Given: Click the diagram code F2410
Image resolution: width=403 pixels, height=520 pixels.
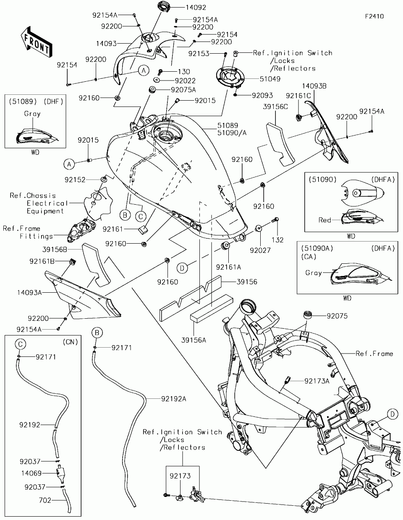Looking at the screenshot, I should coord(374,16).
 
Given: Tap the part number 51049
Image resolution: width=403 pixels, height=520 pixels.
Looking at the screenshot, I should coord(271,78).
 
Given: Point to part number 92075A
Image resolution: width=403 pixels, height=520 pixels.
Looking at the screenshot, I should coord(183,89).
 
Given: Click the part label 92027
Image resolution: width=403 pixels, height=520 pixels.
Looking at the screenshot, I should coord(260,250).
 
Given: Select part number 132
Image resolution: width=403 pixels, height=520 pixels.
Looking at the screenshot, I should coord(277,240).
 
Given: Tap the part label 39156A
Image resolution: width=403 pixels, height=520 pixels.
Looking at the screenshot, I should coord(193,340).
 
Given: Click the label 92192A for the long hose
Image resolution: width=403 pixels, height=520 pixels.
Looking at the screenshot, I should coord(173,399).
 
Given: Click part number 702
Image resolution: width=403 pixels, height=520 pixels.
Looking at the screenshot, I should coord(45,500).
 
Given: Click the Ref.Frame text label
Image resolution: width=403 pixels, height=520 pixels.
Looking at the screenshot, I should coord(374,354).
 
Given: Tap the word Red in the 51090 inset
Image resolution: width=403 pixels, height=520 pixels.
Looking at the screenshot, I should coord(325,220).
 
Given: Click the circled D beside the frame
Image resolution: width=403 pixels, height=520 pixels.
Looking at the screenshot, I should coord(392,414).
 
